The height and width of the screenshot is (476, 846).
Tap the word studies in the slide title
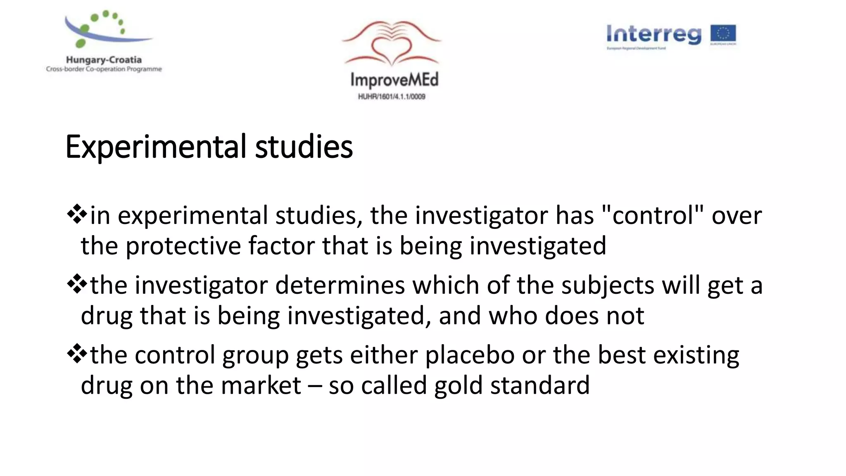pyautogui.click(x=304, y=147)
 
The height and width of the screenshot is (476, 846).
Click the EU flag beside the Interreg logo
pyautogui.click(x=723, y=35)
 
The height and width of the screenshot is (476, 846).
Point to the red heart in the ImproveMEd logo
pyautogui.click(x=391, y=49)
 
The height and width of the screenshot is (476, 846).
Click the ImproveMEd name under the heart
pyautogui.click(x=394, y=80)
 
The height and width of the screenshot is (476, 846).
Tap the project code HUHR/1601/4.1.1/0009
pyautogui.click(x=392, y=97)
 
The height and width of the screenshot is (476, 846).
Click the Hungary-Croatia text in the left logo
pyautogui.click(x=104, y=60)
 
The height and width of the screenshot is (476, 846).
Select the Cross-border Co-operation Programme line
pyautogui.click(x=104, y=69)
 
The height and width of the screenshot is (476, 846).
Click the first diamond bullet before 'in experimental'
pyautogui.click(x=77, y=215)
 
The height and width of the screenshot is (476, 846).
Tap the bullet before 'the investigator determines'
pyautogui.click(x=77, y=285)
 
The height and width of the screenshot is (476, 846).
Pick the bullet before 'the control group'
pyautogui.click(x=77, y=355)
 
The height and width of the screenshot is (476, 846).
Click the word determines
pyautogui.click(x=340, y=285)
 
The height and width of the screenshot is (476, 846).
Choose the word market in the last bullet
pyautogui.click(x=261, y=386)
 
